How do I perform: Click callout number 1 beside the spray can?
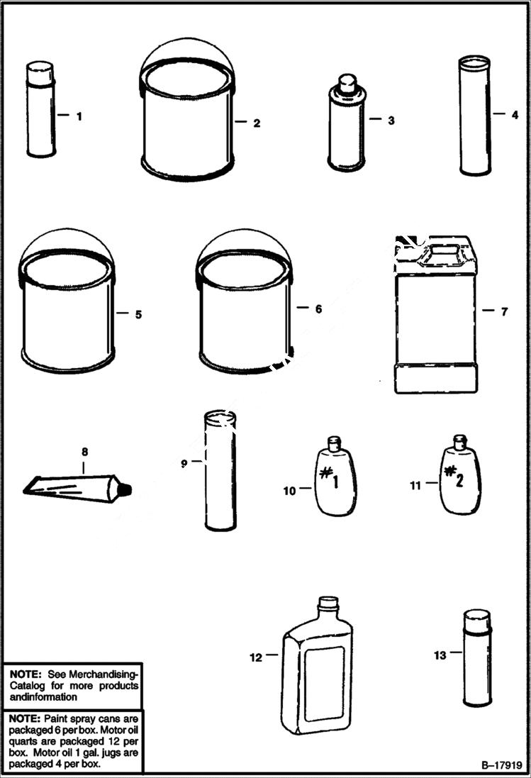point(79,116)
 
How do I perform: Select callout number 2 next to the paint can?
point(256,123)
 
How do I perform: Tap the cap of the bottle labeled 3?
point(346,84)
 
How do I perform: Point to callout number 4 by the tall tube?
point(515,113)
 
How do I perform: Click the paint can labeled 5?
point(67,312)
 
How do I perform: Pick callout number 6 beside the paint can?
point(318,309)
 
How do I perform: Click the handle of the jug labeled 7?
point(445,251)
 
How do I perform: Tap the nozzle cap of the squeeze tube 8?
point(126,489)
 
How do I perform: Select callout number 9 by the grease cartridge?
point(184,462)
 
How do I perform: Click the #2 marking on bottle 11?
point(454,477)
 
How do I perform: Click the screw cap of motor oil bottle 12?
point(327,604)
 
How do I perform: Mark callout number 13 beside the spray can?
point(440,655)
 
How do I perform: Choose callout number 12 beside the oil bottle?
point(255,657)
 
